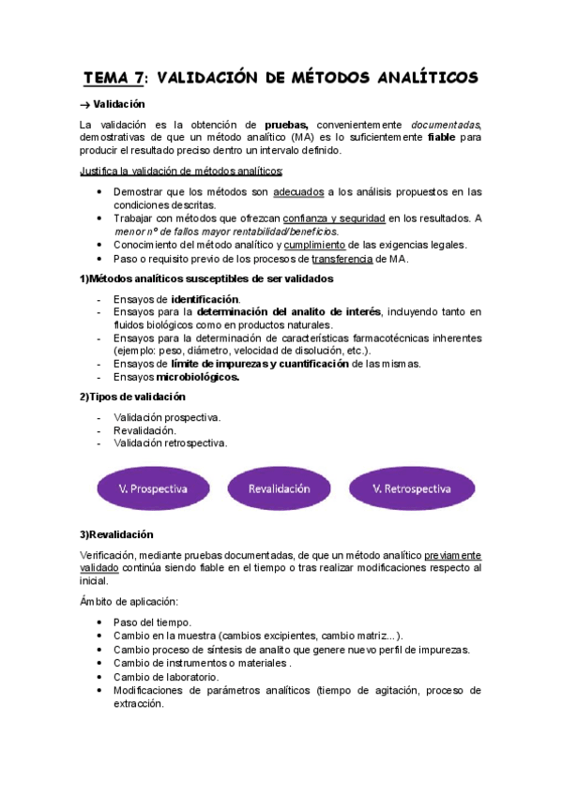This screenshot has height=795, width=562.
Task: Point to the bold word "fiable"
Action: coord(442,138)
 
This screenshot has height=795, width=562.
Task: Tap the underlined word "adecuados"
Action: coord(298,192)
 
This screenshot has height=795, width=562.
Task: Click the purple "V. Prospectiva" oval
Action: coord(154,489)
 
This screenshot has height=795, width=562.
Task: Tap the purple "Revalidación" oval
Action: coord(279,489)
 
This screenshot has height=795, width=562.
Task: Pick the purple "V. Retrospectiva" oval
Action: coord(411,489)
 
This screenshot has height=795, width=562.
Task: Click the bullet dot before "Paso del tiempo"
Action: coord(100,622)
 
